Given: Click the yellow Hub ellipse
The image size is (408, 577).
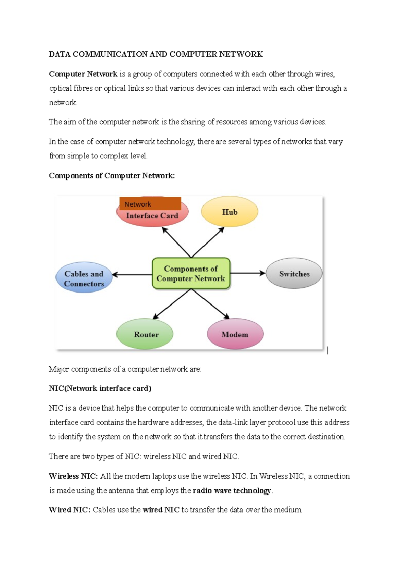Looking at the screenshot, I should [230, 211].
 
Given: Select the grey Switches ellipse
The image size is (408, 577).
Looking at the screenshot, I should [294, 274].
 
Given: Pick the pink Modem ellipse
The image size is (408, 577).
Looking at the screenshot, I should [235, 334].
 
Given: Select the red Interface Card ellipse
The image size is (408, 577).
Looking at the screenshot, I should [152, 217].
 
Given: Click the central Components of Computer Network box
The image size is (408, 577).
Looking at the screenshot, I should [191, 274].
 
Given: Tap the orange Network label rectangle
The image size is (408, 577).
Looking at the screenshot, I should [150, 204].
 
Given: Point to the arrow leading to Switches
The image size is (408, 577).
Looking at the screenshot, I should [248, 273].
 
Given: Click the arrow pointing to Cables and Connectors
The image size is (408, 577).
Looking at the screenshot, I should [132, 275].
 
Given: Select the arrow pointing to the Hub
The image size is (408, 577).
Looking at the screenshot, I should [208, 242].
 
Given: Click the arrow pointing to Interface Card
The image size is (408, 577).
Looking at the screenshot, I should [176, 242].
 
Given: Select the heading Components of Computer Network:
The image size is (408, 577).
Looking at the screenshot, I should [112, 176].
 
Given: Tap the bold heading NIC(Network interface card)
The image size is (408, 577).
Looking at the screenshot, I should [100, 388].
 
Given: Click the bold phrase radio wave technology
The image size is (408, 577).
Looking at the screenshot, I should [232, 491].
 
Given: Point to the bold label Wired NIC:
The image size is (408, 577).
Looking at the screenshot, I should [70, 510].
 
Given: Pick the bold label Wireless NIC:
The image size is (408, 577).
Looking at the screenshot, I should [73, 476].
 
